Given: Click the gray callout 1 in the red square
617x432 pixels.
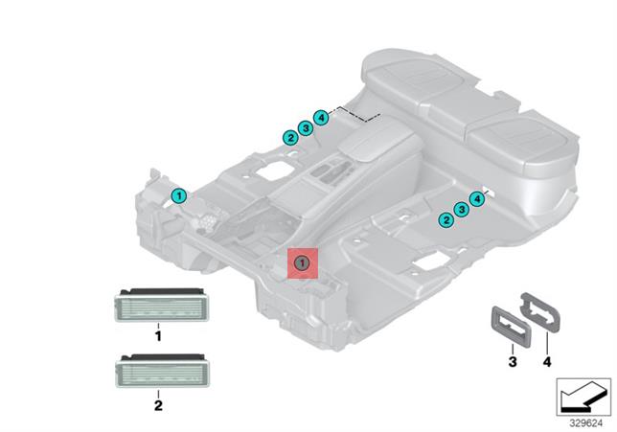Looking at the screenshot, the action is coord(302,262).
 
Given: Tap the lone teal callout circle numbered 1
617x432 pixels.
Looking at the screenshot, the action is coord(178,195).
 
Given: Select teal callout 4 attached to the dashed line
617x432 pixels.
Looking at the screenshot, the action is coord(321,118).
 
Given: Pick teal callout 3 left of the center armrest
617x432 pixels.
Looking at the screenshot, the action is coord(306,128).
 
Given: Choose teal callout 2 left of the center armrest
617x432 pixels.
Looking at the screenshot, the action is coord(290,138).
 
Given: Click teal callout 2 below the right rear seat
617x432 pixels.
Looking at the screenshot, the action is coord(446,220).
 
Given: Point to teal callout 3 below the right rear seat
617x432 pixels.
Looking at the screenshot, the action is coord(462,210).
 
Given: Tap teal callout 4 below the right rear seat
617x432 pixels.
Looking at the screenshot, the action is coord(477,199).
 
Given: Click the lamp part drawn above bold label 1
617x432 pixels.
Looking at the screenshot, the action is coord(161,305).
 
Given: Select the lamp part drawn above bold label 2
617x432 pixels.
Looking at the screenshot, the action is coord(162,371).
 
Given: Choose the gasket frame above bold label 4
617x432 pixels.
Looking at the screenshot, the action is coord(540,313).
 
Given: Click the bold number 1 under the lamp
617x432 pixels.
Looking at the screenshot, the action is coord(158,337).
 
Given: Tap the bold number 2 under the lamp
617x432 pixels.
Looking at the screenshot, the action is coord(158,405).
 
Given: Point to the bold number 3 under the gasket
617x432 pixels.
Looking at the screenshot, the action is coord(513,361).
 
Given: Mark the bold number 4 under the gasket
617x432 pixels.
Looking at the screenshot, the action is coord(547,361).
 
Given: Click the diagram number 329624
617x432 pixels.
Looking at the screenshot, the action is coord(586,423).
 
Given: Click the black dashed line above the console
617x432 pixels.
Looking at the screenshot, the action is coord(354,114).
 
